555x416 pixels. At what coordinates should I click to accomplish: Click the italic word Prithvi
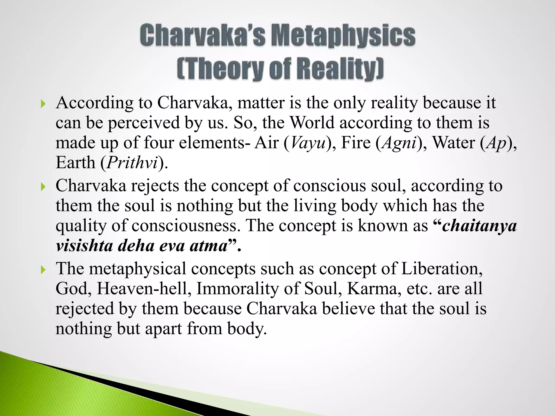pyautogui.click(x=132, y=163)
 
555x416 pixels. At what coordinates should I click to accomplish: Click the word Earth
pyautogui.click(x=75, y=163)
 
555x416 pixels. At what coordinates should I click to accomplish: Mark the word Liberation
pyautogui.click(x=442, y=269)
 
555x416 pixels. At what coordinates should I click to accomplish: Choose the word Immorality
pyautogui.click(x=237, y=289)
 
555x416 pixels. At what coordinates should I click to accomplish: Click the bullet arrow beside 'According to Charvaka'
pyautogui.click(x=43, y=104)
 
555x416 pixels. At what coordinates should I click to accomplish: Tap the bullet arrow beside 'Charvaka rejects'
pyautogui.click(x=43, y=187)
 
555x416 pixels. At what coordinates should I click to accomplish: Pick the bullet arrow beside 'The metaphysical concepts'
pyautogui.click(x=43, y=269)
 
